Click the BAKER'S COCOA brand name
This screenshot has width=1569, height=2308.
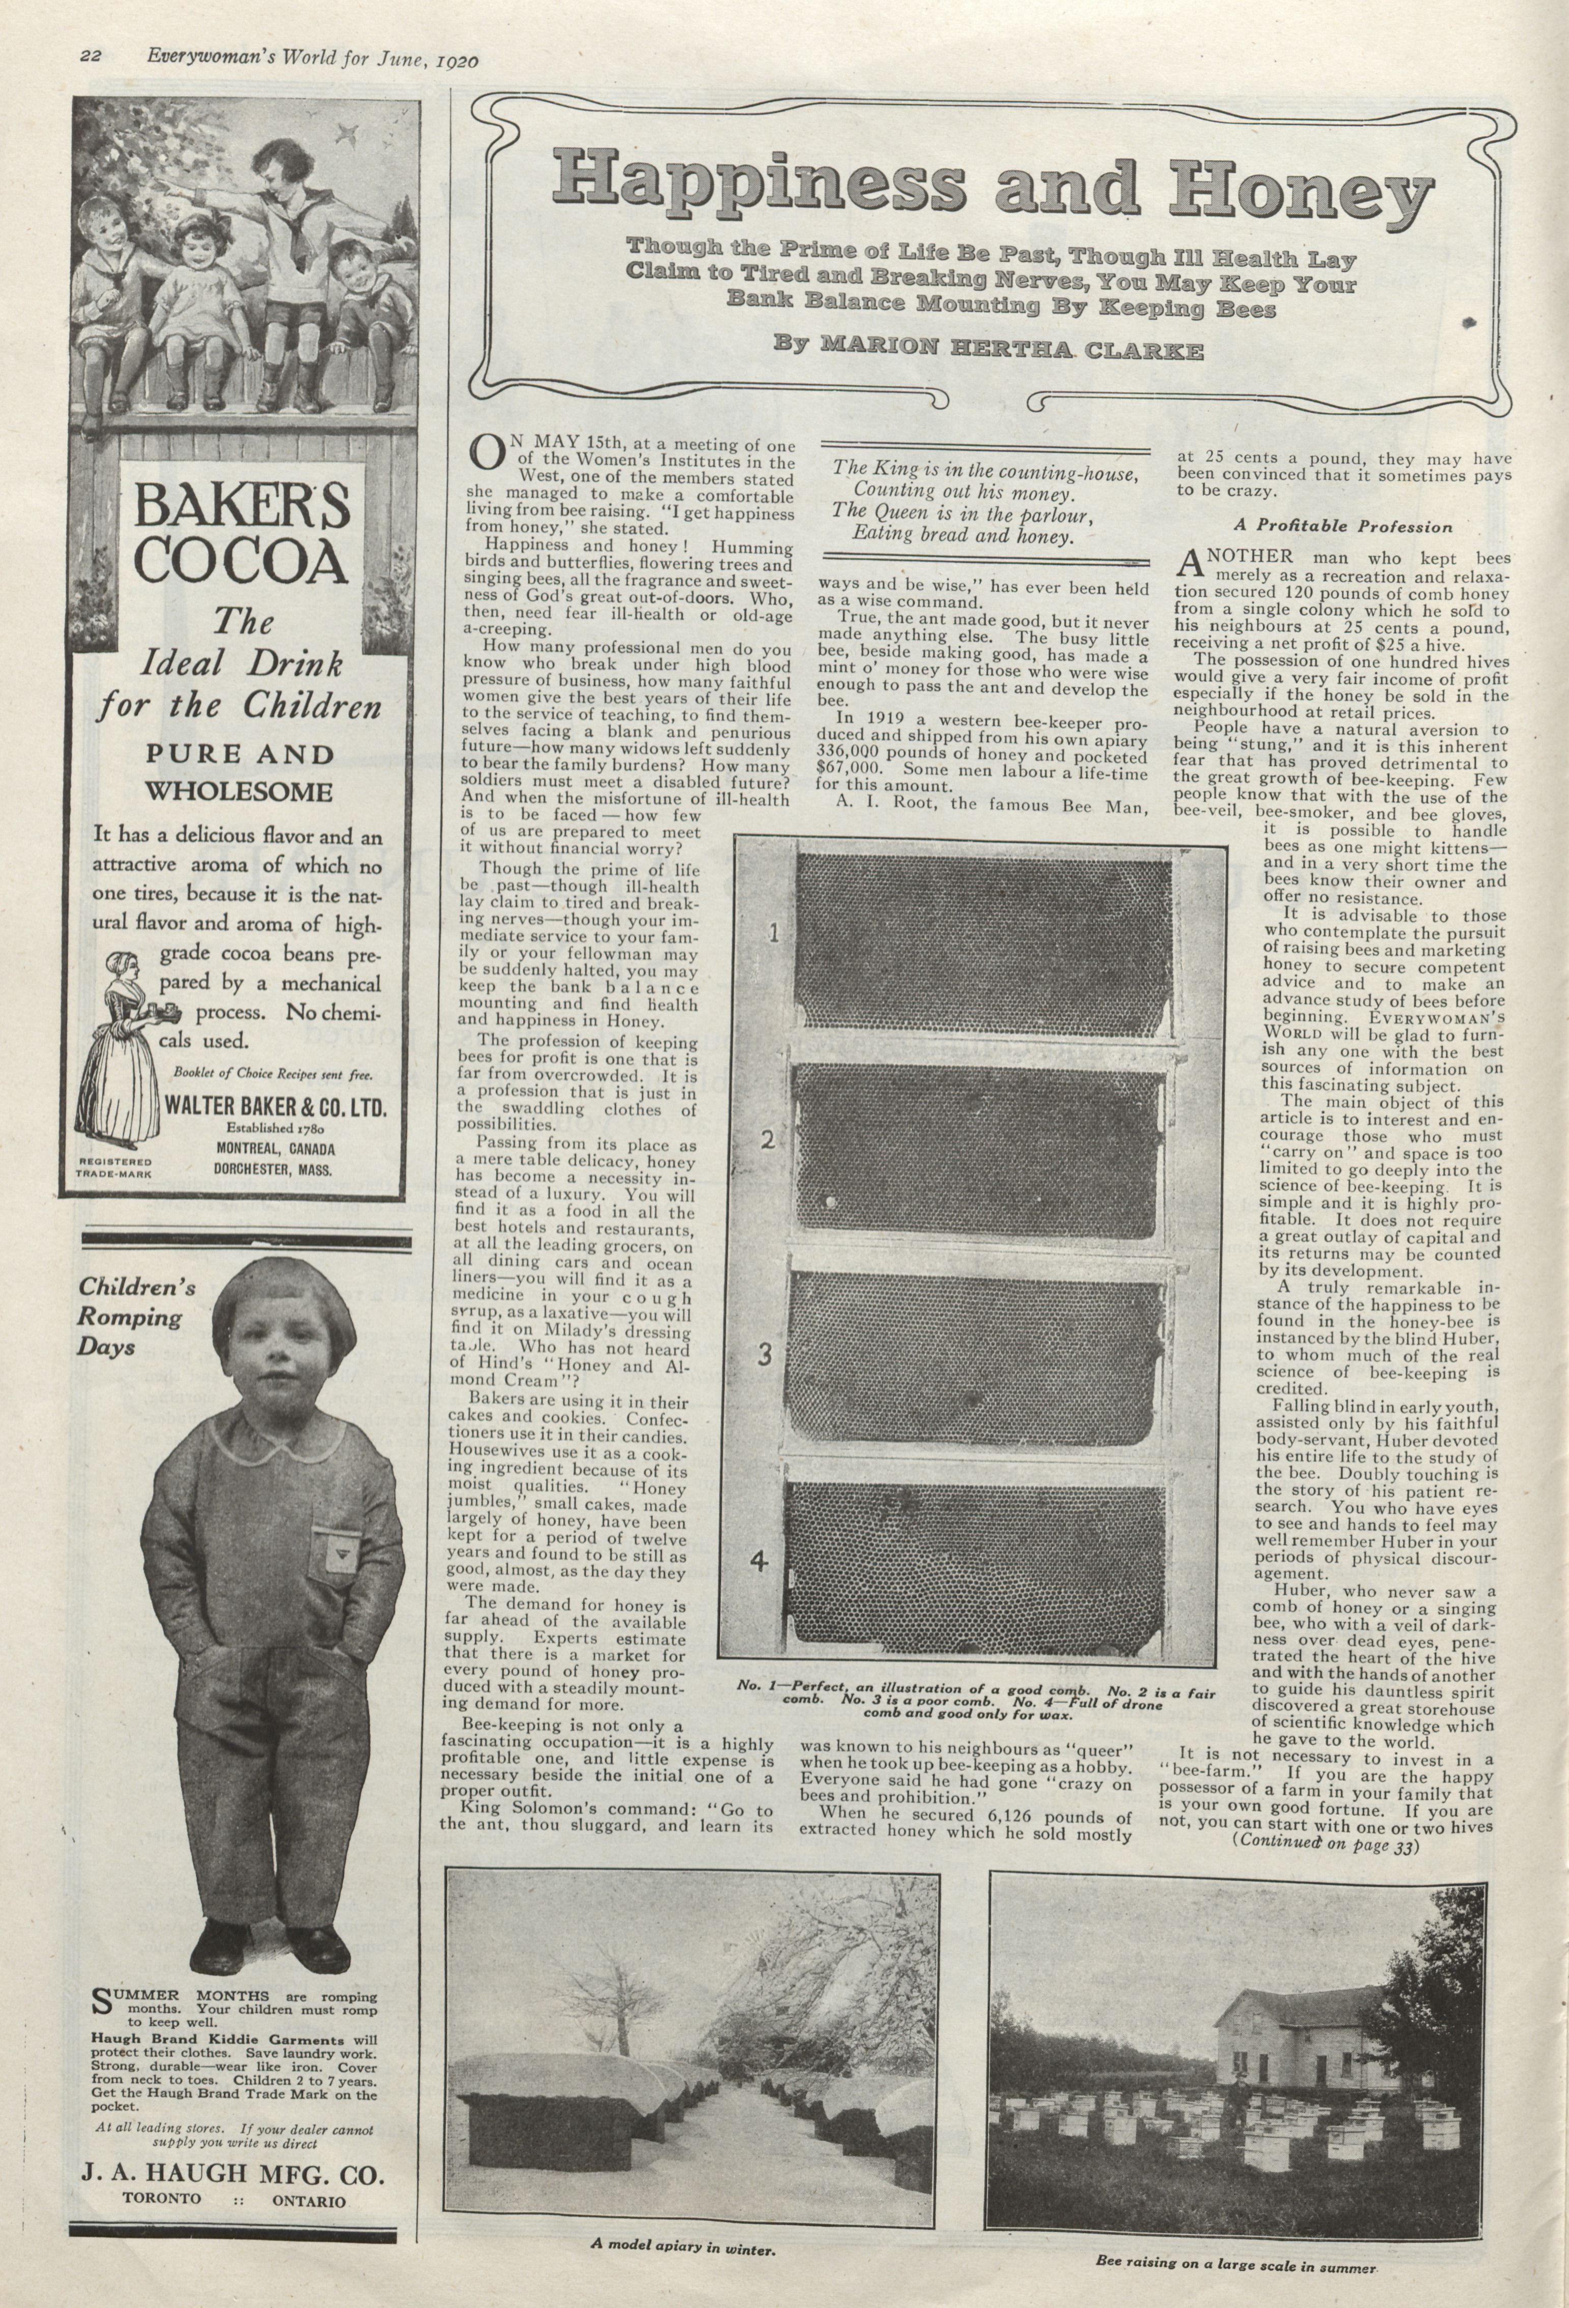(242, 534)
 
